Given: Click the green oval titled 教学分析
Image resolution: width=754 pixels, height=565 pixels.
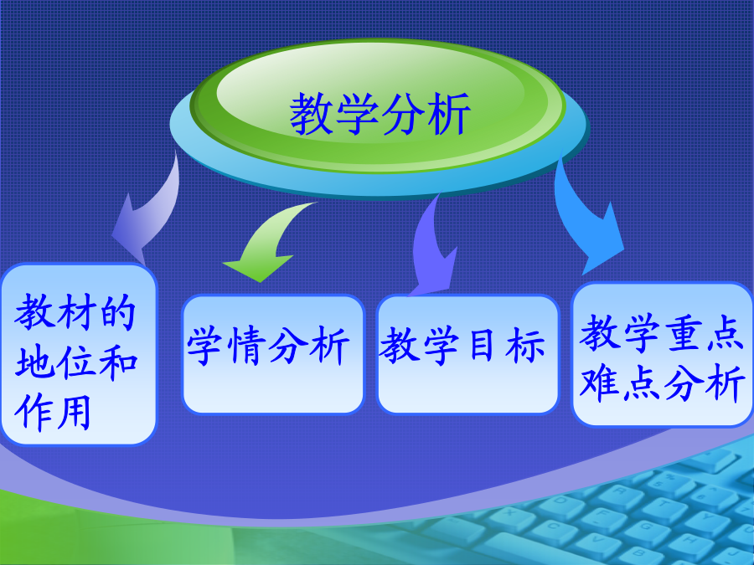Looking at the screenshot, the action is coord(378,105).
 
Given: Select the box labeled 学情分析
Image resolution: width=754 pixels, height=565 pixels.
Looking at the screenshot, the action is coord(272,354).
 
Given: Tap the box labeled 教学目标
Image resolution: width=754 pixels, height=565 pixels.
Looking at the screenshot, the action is coord(467,354).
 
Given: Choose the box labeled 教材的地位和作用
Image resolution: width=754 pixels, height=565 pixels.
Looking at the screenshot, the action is coord(79,354).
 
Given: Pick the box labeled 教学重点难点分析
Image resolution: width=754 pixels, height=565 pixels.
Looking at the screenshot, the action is coord(662,354).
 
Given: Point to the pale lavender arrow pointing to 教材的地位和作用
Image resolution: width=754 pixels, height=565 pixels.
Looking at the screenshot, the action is coord(149,212).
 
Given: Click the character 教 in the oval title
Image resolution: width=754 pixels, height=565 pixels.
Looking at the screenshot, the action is coord(312,114).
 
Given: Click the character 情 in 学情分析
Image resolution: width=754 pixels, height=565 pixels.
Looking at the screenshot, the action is coord(249,345).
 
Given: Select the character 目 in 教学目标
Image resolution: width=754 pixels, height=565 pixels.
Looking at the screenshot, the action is coord(482,344).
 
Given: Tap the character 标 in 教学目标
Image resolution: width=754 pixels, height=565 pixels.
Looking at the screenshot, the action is coord(525,345).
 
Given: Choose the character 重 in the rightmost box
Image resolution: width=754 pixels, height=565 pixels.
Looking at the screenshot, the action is coord(682,333).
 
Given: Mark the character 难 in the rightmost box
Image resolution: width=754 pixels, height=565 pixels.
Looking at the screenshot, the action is coord(599,383).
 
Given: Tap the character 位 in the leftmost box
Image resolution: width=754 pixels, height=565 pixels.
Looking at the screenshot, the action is coord(76,362).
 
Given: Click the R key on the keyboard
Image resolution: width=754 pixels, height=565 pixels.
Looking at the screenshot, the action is coord(620,491).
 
